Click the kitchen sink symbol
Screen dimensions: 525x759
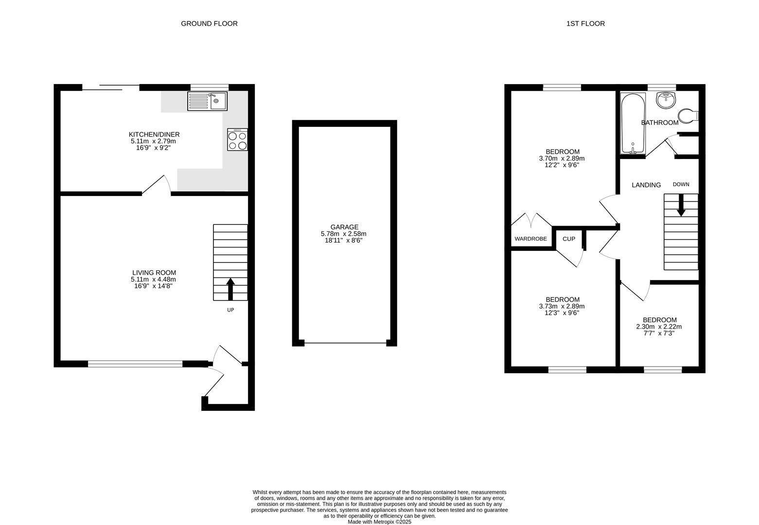coord(207,101)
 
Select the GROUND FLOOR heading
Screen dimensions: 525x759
coord(209,23)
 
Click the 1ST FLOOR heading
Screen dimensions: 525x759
coord(585,23)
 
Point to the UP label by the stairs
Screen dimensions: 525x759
coord(230,310)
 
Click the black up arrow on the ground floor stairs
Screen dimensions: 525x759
coord(230,289)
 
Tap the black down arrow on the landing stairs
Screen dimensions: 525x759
coord(681,206)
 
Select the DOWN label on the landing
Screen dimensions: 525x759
coord(681,184)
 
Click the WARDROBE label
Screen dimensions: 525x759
coord(530,239)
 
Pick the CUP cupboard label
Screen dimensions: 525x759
coord(568,239)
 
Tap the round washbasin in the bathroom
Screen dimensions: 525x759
coord(665,100)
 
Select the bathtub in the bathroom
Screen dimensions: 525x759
coord(633,123)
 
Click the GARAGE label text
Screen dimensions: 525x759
coord(344,227)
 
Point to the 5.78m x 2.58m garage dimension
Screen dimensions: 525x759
coord(343,234)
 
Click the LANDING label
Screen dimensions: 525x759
coord(646,185)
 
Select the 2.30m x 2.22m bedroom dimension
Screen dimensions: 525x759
coord(659,327)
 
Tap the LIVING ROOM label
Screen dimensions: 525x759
coord(154,273)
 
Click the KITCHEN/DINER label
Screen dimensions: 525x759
coord(154,134)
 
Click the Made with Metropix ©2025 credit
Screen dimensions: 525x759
coord(379,522)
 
